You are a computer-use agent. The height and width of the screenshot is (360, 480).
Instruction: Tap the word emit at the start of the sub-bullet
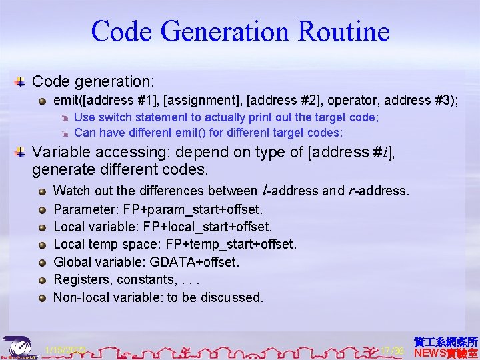65,100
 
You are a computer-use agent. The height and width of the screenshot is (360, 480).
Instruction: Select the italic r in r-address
351,191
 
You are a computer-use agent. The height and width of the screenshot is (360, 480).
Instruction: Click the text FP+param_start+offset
193,209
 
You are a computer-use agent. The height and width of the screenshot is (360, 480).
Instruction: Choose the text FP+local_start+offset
208,227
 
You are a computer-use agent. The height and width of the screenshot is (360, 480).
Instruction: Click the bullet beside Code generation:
21,81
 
